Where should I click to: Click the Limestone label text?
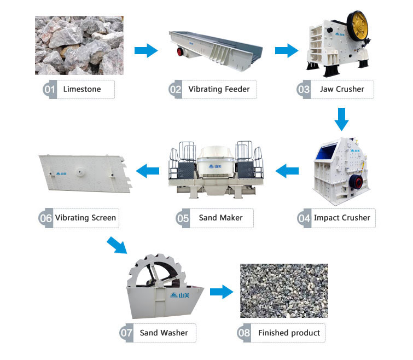pyautogui.click(x=82, y=89)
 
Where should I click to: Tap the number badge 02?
pyautogui.click(x=175, y=90)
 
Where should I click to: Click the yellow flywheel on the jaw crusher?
pyautogui.click(x=358, y=26)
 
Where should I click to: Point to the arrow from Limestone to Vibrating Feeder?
pyautogui.click(x=146, y=50)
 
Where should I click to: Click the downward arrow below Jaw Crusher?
pyautogui.click(x=342, y=119)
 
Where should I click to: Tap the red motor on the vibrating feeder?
pyautogui.click(x=180, y=51)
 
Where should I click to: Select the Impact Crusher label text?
pyautogui.click(x=342, y=218)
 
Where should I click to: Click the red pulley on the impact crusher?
pyautogui.click(x=356, y=182)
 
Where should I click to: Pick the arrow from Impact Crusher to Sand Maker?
pyautogui.click(x=287, y=171)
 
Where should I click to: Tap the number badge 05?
pyautogui.click(x=183, y=218)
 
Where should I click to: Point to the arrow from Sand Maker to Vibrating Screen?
pyautogui.click(x=148, y=171)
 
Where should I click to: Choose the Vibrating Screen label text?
pyautogui.click(x=85, y=218)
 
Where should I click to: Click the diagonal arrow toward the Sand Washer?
pyautogui.click(x=117, y=245)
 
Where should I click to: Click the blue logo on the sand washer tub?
pyautogui.click(x=180, y=295)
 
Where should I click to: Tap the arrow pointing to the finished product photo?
pyautogui.click(x=222, y=292)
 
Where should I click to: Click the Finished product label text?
pyautogui.click(x=289, y=333)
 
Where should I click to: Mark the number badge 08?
pyautogui.click(x=243, y=333)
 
